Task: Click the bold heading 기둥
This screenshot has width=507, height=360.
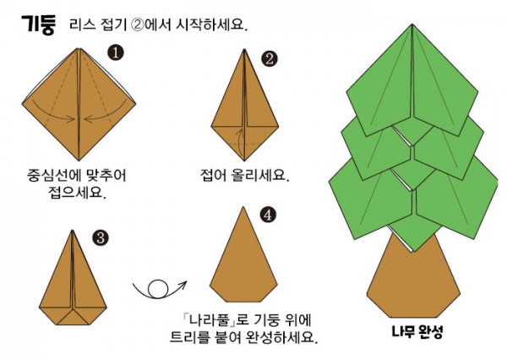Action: coord(39,25)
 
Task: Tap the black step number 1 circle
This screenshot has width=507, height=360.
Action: coord(116,52)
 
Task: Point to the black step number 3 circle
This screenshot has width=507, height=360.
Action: coord(101,238)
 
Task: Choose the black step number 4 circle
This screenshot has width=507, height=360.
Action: coord(268,215)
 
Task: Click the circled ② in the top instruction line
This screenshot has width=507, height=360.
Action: coord(137,25)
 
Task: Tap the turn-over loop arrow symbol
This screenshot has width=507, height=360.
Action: coord(159,289)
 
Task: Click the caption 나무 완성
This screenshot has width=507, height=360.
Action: coord(417,331)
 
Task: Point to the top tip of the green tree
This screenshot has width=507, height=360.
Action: coord(412,25)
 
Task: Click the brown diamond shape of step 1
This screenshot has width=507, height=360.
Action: coord(79,104)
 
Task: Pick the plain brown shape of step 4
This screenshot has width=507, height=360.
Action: coord(243,259)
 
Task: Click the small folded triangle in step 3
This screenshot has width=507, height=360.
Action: coord(73,317)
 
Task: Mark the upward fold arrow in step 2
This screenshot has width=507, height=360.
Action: coord(238,142)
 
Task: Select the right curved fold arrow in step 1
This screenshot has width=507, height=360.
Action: coord(105,114)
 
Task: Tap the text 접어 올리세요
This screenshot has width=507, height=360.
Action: coord(245,176)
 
